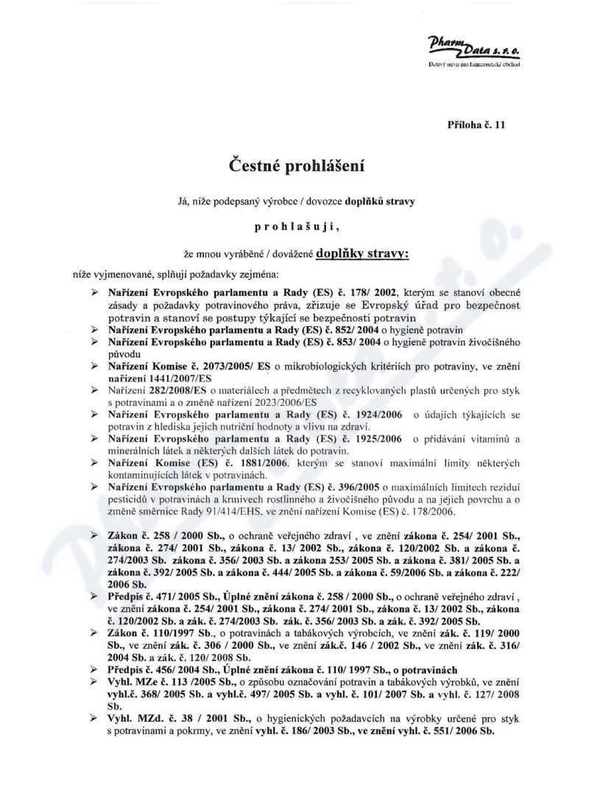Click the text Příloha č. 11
coord(476,126)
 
